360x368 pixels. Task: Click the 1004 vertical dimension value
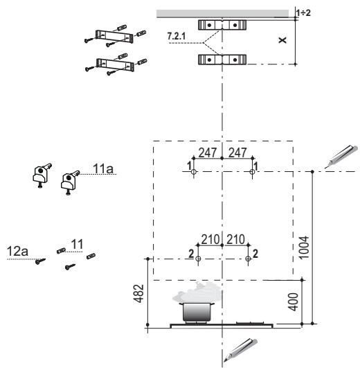point(304,247)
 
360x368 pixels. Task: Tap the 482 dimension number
point(138,294)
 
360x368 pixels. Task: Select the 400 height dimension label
point(293,302)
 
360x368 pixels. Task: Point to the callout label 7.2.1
point(177,36)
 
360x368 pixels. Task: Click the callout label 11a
point(103,168)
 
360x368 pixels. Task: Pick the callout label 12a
point(17,251)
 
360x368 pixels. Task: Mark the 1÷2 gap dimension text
point(303,12)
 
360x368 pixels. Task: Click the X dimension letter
point(282,40)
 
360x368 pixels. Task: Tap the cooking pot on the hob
point(197,312)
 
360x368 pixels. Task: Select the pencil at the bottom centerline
point(240,349)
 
